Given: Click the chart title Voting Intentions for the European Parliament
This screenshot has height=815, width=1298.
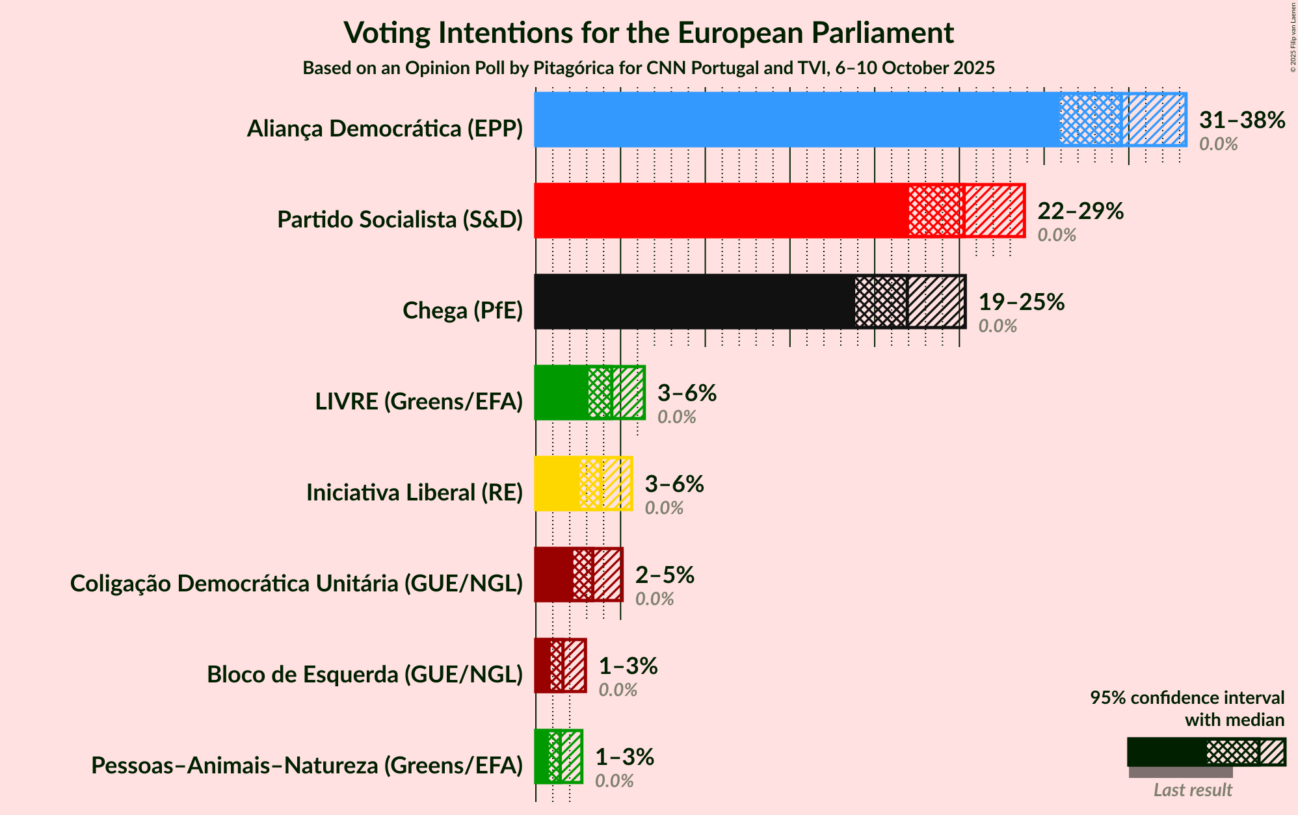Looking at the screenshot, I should [648, 32].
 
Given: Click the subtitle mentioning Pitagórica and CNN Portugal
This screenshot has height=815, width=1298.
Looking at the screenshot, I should [648, 68].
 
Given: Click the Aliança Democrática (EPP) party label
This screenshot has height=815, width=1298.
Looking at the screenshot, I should [385, 129].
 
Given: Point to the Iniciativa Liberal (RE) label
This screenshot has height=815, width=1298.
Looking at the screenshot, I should [414, 493].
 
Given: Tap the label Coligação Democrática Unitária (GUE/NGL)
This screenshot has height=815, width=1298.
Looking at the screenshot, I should [297, 584].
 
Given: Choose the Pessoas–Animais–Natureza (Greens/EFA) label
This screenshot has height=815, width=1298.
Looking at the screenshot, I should [307, 766].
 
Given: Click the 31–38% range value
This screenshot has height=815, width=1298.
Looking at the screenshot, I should [1241, 120].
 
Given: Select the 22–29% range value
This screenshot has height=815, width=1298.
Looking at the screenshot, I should [1080, 211].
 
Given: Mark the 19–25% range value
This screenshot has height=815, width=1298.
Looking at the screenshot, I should [1021, 302].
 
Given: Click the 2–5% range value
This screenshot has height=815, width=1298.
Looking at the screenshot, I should [665, 575].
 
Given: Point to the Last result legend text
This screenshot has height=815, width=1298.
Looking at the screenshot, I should [1193, 790].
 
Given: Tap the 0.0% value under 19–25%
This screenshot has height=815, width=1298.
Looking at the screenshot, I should [998, 326].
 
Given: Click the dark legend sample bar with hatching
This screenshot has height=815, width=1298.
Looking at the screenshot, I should [1206, 752].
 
